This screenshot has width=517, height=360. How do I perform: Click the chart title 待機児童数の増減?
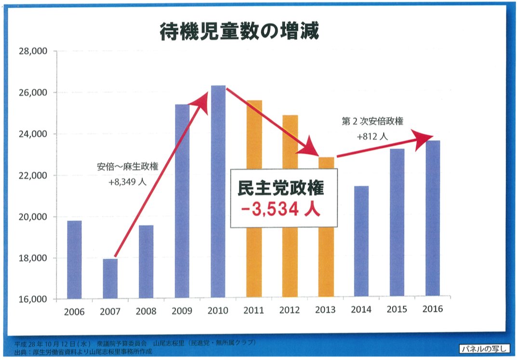click(239, 32)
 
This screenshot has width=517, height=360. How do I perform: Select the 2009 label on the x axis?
click(182, 311)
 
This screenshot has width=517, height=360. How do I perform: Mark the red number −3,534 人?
click(281, 210)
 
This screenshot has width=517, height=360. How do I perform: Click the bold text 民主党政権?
click(281, 187)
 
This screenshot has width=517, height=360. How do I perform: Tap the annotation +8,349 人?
click(127, 183)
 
